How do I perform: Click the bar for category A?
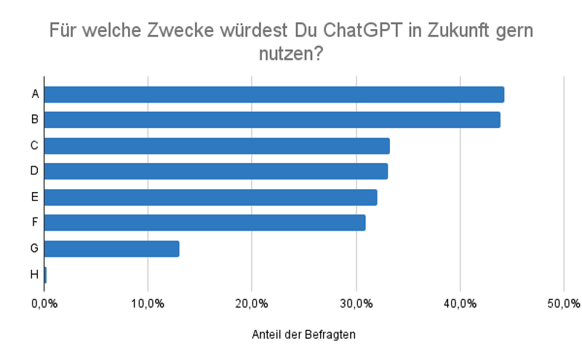click(274, 95)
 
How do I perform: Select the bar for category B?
click(272, 120)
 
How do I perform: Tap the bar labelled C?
click(217, 145)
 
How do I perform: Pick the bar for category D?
click(216, 172)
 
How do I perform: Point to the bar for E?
click(211, 197)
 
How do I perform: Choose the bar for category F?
click(205, 223)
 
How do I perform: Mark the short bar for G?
click(112, 249)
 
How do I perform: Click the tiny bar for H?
click(45, 275)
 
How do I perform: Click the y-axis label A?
click(34, 95)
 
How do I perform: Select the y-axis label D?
click(34, 172)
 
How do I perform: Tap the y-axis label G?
click(34, 249)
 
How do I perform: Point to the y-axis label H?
click(34, 275)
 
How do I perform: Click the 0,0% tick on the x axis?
click(44, 303)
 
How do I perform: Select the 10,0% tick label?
click(148, 303)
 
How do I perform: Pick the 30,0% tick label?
click(356, 303)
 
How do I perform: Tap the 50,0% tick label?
click(564, 303)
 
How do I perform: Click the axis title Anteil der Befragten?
click(304, 335)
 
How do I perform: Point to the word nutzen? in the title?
click(291, 54)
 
